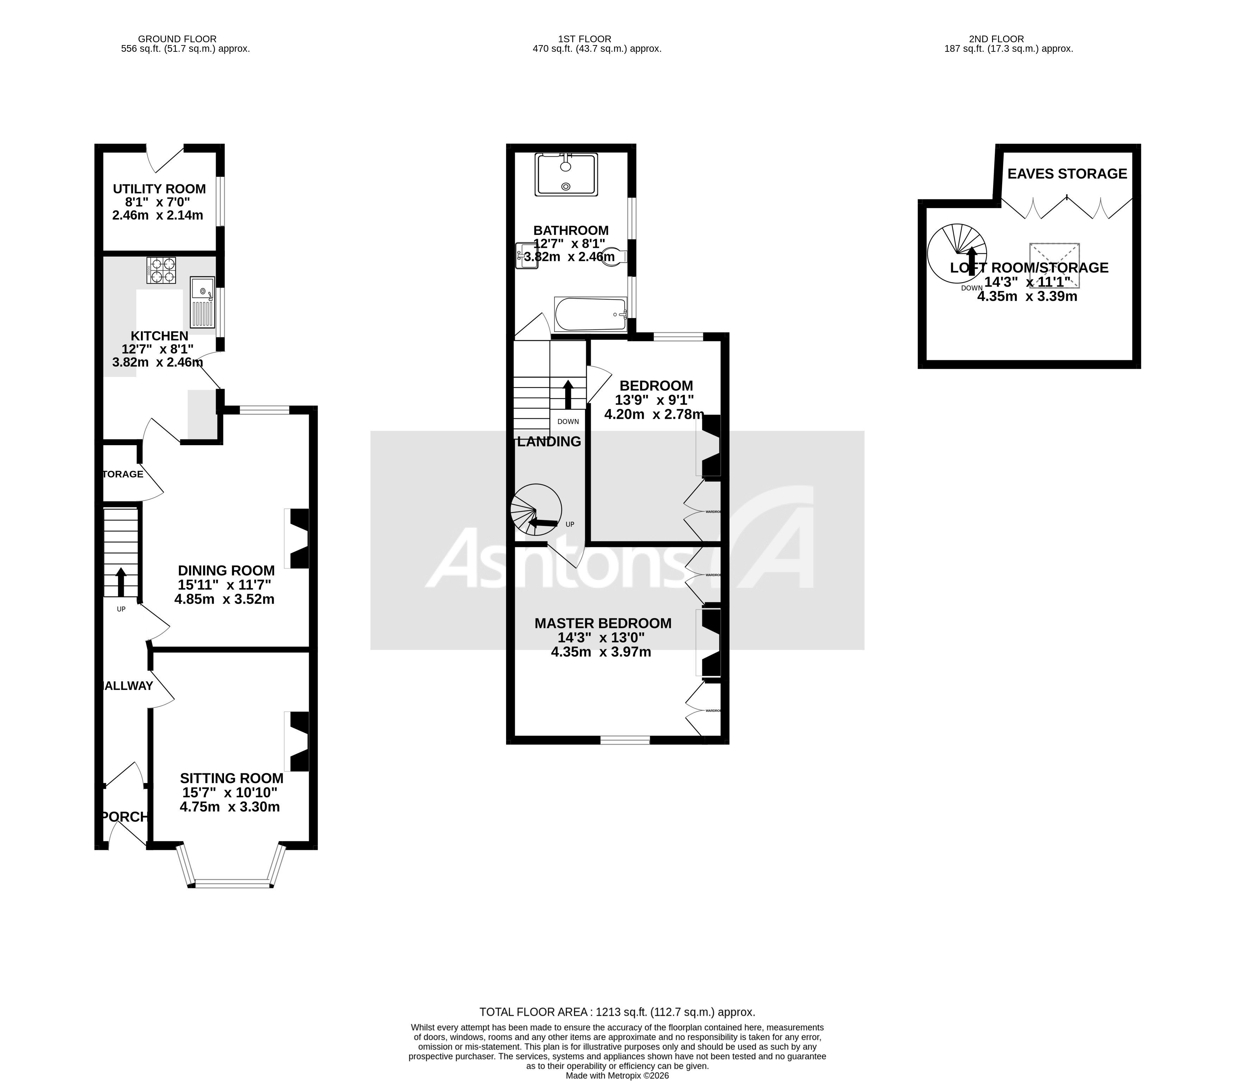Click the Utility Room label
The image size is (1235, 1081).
pos(159,189)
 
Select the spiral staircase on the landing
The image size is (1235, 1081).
pos(536,510)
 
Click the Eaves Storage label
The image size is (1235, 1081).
pos(1067,174)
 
